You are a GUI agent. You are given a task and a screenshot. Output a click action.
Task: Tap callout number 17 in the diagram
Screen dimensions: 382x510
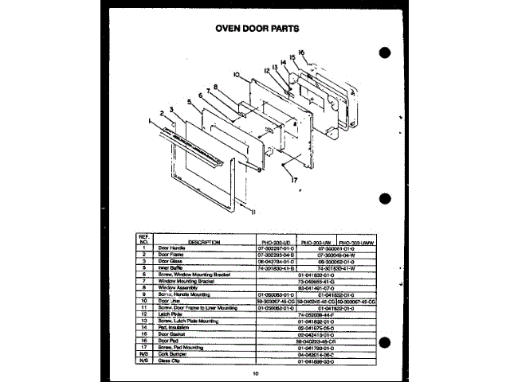pos(297,179)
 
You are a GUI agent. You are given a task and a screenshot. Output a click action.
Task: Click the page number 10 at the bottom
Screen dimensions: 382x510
pos(256,372)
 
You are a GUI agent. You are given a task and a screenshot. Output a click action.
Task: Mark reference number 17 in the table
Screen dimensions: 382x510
pos(144,346)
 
